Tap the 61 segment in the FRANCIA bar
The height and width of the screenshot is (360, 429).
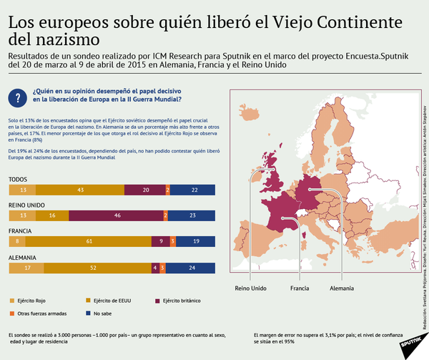point(89,242)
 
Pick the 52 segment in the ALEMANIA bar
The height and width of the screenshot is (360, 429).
point(94,268)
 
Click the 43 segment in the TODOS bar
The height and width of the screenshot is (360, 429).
point(80,190)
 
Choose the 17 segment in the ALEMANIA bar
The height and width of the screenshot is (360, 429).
point(26,268)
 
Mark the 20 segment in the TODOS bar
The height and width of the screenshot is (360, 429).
point(145,190)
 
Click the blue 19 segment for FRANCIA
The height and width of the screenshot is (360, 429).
point(197,242)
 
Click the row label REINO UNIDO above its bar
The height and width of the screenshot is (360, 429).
point(27,205)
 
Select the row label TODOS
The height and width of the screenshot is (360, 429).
point(18,179)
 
